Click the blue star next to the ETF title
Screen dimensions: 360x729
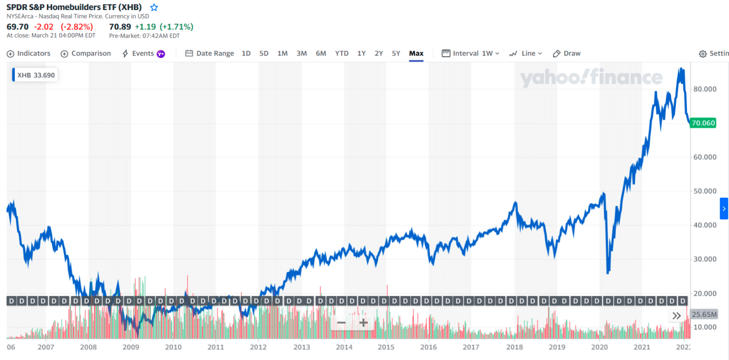point(154,8)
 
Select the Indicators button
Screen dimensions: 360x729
point(28,54)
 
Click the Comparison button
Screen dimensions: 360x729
point(86,54)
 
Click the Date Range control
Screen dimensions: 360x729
point(209,54)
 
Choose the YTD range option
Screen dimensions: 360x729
point(342,54)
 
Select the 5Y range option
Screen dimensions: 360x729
point(396,54)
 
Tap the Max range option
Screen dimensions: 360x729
point(416,54)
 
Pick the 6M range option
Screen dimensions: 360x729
point(321,54)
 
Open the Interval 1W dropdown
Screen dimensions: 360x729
point(471,54)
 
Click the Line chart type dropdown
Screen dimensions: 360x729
point(525,54)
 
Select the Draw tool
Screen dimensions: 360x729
point(567,54)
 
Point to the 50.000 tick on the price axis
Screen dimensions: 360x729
point(703,191)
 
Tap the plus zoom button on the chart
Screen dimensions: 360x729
point(364,323)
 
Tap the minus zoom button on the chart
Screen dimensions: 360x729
point(341,323)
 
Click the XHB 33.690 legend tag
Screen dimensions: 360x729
point(35,75)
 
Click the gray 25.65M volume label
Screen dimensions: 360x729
point(704,314)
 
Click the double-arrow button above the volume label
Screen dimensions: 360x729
point(677,315)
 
